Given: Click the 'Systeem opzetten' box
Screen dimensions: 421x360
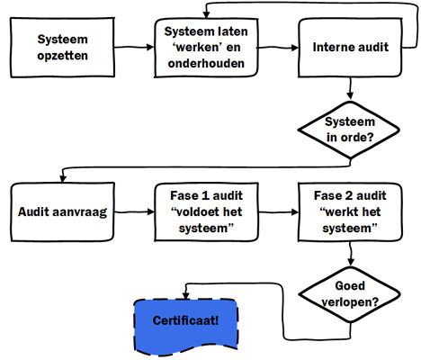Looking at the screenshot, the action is point(62,48).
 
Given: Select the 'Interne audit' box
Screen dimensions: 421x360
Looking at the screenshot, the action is point(350,48).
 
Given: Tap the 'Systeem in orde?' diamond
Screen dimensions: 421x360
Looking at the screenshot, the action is point(349,130).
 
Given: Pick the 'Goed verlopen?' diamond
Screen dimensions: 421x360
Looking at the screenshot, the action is point(350,294).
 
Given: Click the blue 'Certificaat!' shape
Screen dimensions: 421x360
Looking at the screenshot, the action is point(186,327).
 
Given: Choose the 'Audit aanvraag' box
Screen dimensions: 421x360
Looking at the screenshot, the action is point(62,211).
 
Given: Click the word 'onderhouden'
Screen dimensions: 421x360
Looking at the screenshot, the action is point(206,64).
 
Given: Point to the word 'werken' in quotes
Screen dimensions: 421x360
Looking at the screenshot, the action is point(207,48).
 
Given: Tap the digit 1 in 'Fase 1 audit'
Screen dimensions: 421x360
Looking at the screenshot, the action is point(205,195).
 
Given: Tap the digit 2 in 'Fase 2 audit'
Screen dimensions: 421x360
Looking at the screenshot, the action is point(349,195).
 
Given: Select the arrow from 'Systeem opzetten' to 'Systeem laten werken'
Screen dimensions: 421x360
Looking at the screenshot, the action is point(134,47).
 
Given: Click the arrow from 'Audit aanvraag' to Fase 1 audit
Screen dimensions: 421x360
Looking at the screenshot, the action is point(134,212).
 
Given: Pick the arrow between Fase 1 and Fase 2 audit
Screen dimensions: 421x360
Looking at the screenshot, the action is point(278,212).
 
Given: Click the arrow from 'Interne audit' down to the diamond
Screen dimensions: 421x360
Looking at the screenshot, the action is point(350,88).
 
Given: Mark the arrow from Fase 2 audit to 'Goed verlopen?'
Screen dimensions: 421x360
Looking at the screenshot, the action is point(351,254).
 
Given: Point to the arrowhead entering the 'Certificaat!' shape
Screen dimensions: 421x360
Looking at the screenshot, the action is point(186,296).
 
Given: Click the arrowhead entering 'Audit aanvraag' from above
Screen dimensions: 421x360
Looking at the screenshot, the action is point(63,178).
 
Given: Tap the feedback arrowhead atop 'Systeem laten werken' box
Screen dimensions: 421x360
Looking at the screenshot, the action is point(206,14).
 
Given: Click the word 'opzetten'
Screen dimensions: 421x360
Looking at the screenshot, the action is point(62,56).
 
